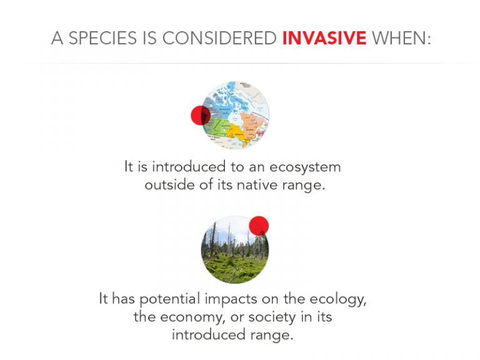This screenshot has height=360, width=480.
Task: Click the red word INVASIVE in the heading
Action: pos(324,38)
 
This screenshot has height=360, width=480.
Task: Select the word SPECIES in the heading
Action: pos(102,38)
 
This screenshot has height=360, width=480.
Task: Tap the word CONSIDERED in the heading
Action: pos(219,38)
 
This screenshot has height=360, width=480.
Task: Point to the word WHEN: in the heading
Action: pos(401,38)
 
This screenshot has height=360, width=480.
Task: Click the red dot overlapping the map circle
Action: pos(201,116)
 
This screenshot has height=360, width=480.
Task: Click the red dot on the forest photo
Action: pos(259,226)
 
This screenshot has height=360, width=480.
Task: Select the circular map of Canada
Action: pos(235,115)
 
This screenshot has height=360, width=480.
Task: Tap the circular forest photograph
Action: pos(235,249)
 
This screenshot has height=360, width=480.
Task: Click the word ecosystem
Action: pos(305,167)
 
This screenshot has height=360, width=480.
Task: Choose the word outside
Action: pos(169,185)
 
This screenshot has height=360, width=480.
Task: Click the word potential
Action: pos(170,299)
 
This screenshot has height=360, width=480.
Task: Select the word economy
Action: pos(193,317)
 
